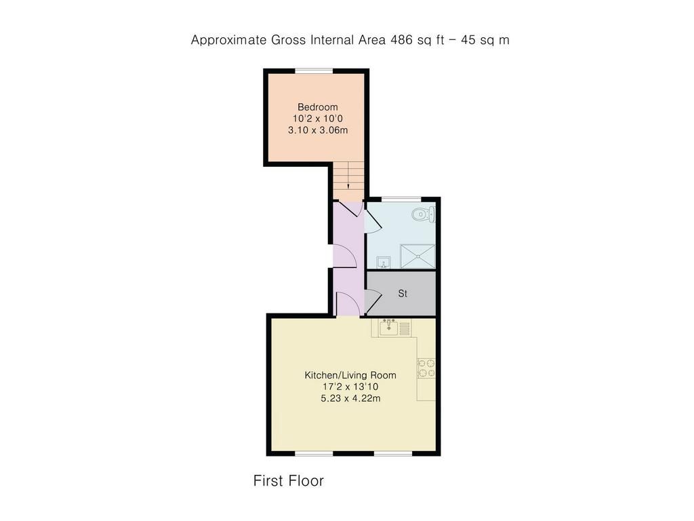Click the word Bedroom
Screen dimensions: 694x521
317,107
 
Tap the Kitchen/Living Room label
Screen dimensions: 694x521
350,375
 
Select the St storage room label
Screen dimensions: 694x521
403,293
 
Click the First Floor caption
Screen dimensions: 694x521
289,481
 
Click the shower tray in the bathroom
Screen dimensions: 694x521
417,256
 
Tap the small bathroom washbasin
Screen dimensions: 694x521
384,263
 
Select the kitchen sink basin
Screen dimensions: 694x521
388,328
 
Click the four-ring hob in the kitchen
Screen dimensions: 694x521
426,368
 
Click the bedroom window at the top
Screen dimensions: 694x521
314,71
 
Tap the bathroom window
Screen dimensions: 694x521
401,199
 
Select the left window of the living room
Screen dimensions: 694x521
314,453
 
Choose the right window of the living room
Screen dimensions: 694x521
393,453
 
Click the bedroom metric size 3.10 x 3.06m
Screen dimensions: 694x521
318,130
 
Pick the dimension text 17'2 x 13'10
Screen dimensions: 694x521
350,387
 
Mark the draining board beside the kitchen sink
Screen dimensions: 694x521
405,328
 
